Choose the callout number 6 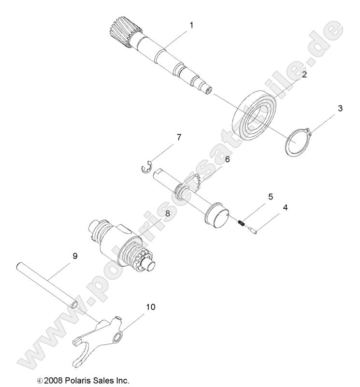coord(227,158)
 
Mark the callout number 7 coord(179,138)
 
